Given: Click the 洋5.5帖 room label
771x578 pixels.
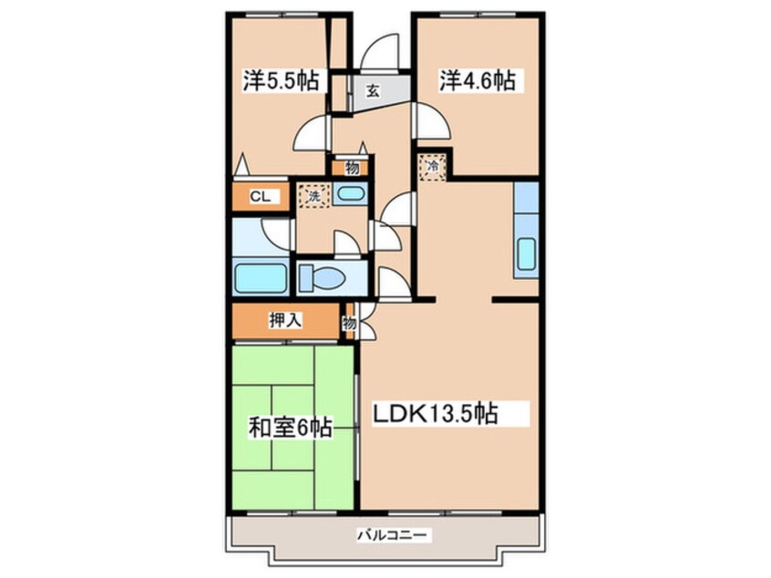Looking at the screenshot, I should (280, 81).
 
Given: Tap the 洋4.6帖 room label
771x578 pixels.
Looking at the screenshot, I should (478, 81).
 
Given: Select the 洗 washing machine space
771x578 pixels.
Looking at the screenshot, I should (312, 195).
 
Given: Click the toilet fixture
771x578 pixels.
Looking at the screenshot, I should (319, 277).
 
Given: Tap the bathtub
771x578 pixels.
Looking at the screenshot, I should (261, 277).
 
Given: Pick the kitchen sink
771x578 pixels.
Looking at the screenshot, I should (526, 254).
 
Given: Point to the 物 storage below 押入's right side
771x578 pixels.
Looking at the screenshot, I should (350, 321).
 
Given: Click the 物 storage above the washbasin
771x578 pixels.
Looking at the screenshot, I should (351, 167).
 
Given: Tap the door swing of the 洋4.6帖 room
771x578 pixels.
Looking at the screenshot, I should (429, 120).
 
